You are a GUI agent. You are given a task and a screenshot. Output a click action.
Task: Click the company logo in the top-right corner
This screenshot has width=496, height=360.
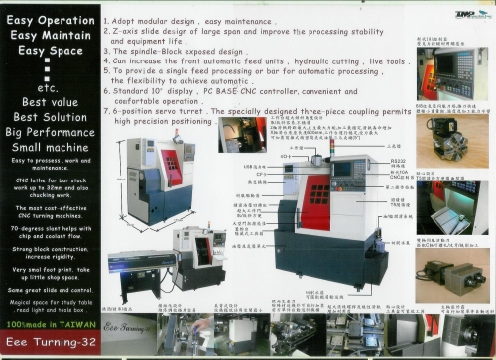465,13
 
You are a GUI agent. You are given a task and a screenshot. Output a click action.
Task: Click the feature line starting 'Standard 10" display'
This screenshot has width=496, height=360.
248,90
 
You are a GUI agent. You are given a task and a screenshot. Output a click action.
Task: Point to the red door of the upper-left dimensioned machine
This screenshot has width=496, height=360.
173,170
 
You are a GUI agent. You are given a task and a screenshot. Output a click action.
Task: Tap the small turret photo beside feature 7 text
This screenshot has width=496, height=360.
242,134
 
